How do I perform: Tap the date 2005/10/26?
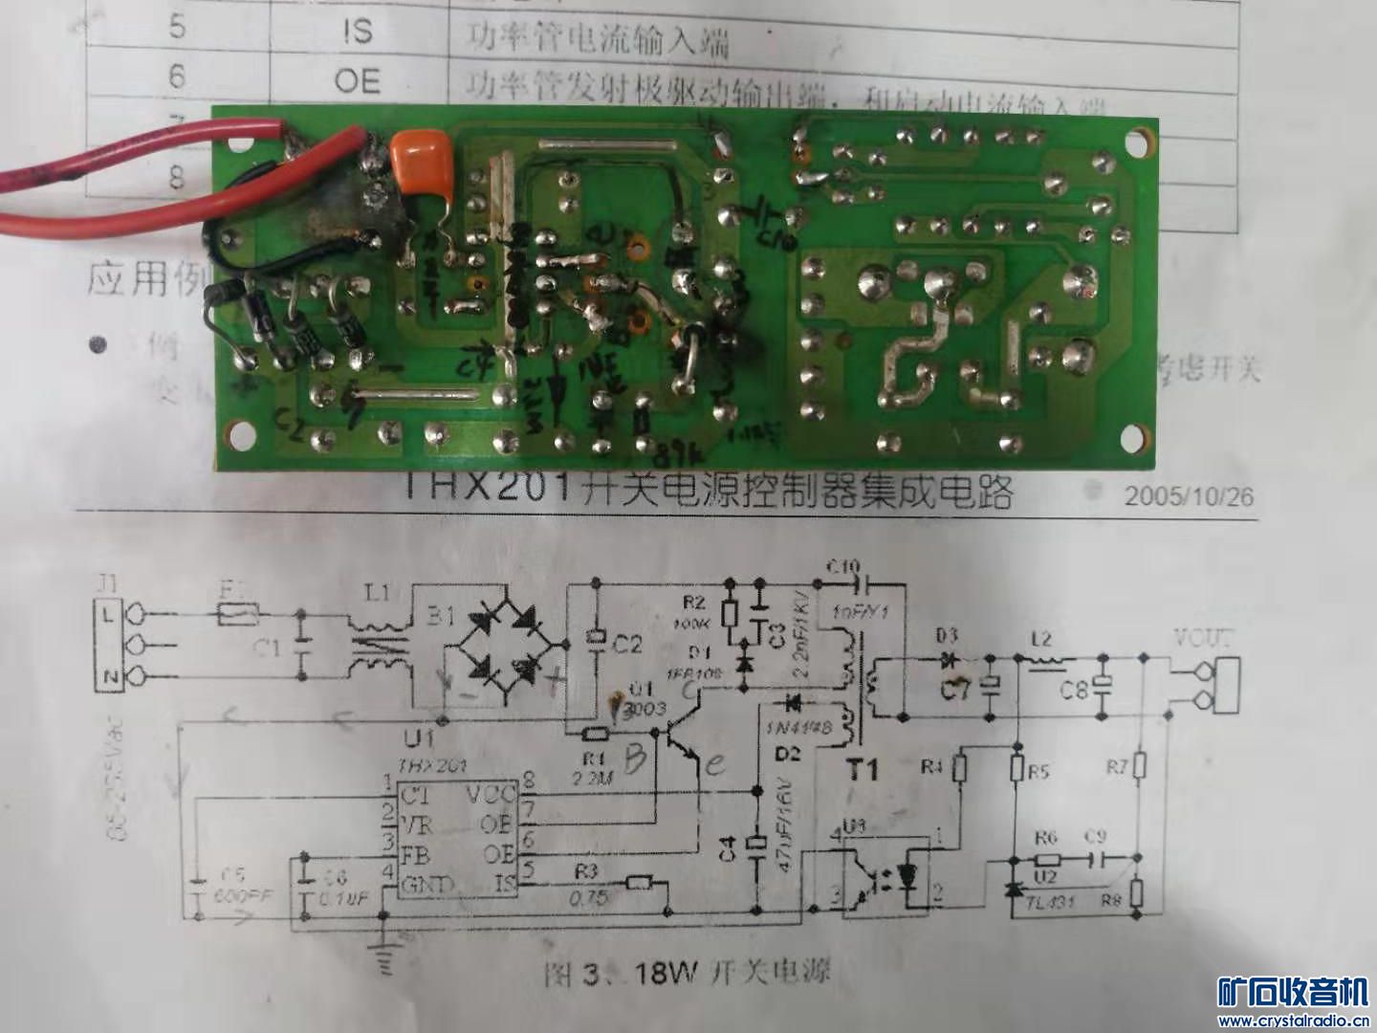click(1189, 497)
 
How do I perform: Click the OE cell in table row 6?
click(357, 81)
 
